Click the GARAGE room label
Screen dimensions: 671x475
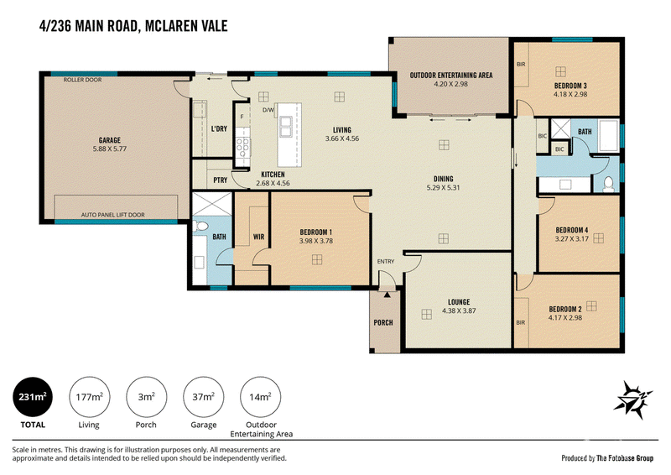(x=110, y=140)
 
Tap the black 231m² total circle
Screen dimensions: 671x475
(x=33, y=397)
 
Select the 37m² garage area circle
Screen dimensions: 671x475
(x=203, y=397)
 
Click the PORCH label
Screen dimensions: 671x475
(x=383, y=322)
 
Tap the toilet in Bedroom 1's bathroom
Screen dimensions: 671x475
(x=200, y=226)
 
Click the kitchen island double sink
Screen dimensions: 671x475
(x=285, y=127)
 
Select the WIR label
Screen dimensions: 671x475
(x=258, y=237)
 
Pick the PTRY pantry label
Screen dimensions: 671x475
(x=221, y=180)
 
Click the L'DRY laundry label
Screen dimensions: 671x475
(x=219, y=129)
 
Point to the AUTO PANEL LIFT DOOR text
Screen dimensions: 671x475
(x=113, y=215)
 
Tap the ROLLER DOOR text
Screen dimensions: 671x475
(x=82, y=80)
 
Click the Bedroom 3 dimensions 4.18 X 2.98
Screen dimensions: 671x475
(x=570, y=94)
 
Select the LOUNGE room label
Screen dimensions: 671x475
(x=459, y=302)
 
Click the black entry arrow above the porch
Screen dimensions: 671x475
(x=387, y=295)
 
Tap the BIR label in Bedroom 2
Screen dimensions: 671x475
(x=520, y=322)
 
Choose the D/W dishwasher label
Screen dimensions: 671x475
(x=268, y=110)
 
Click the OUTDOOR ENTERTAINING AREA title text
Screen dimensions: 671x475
(x=451, y=76)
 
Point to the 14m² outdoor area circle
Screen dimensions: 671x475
(x=261, y=397)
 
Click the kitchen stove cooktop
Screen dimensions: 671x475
(x=243, y=147)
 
